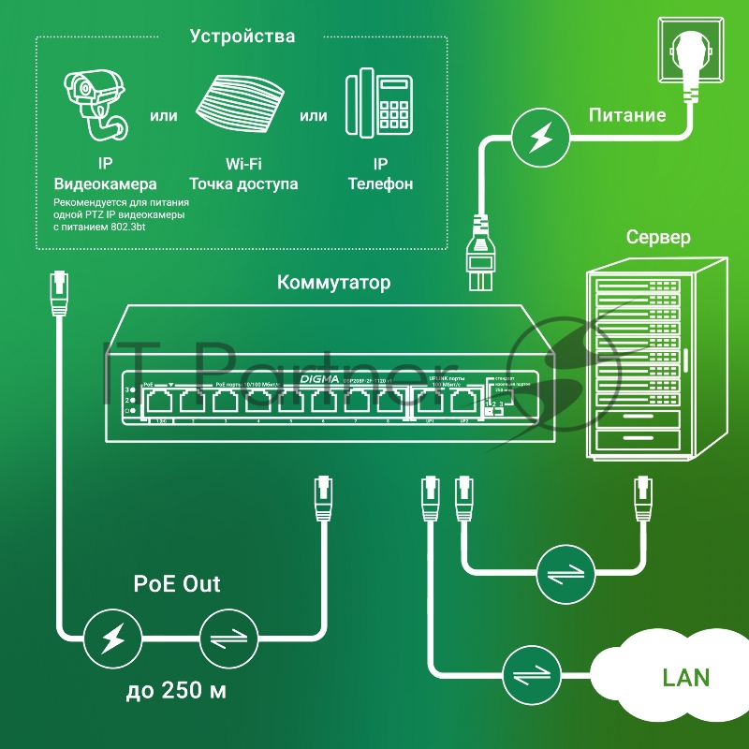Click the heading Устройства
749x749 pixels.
coord(242,37)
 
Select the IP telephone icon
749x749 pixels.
coord(379,103)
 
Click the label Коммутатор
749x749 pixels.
coord(334,282)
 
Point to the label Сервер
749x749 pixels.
coord(658,237)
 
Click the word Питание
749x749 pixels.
coord(626,115)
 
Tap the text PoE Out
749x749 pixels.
coord(177,584)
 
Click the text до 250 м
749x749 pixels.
coord(177,693)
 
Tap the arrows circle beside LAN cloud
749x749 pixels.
coord(531,675)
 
